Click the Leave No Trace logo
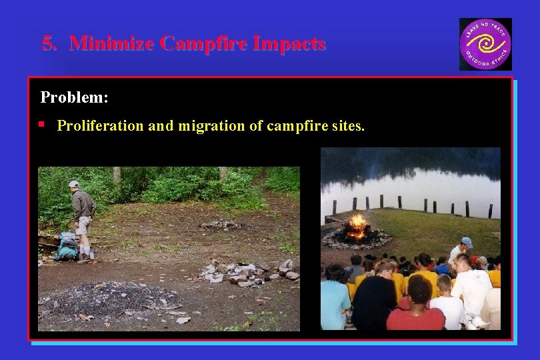485,44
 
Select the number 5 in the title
48,43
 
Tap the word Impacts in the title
286,43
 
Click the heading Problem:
74,97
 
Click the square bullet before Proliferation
42,124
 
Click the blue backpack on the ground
67,247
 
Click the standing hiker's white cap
74,184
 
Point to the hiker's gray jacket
83,204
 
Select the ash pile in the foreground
107,298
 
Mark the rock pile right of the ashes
250,272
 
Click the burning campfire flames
357,227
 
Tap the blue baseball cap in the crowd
467,242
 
